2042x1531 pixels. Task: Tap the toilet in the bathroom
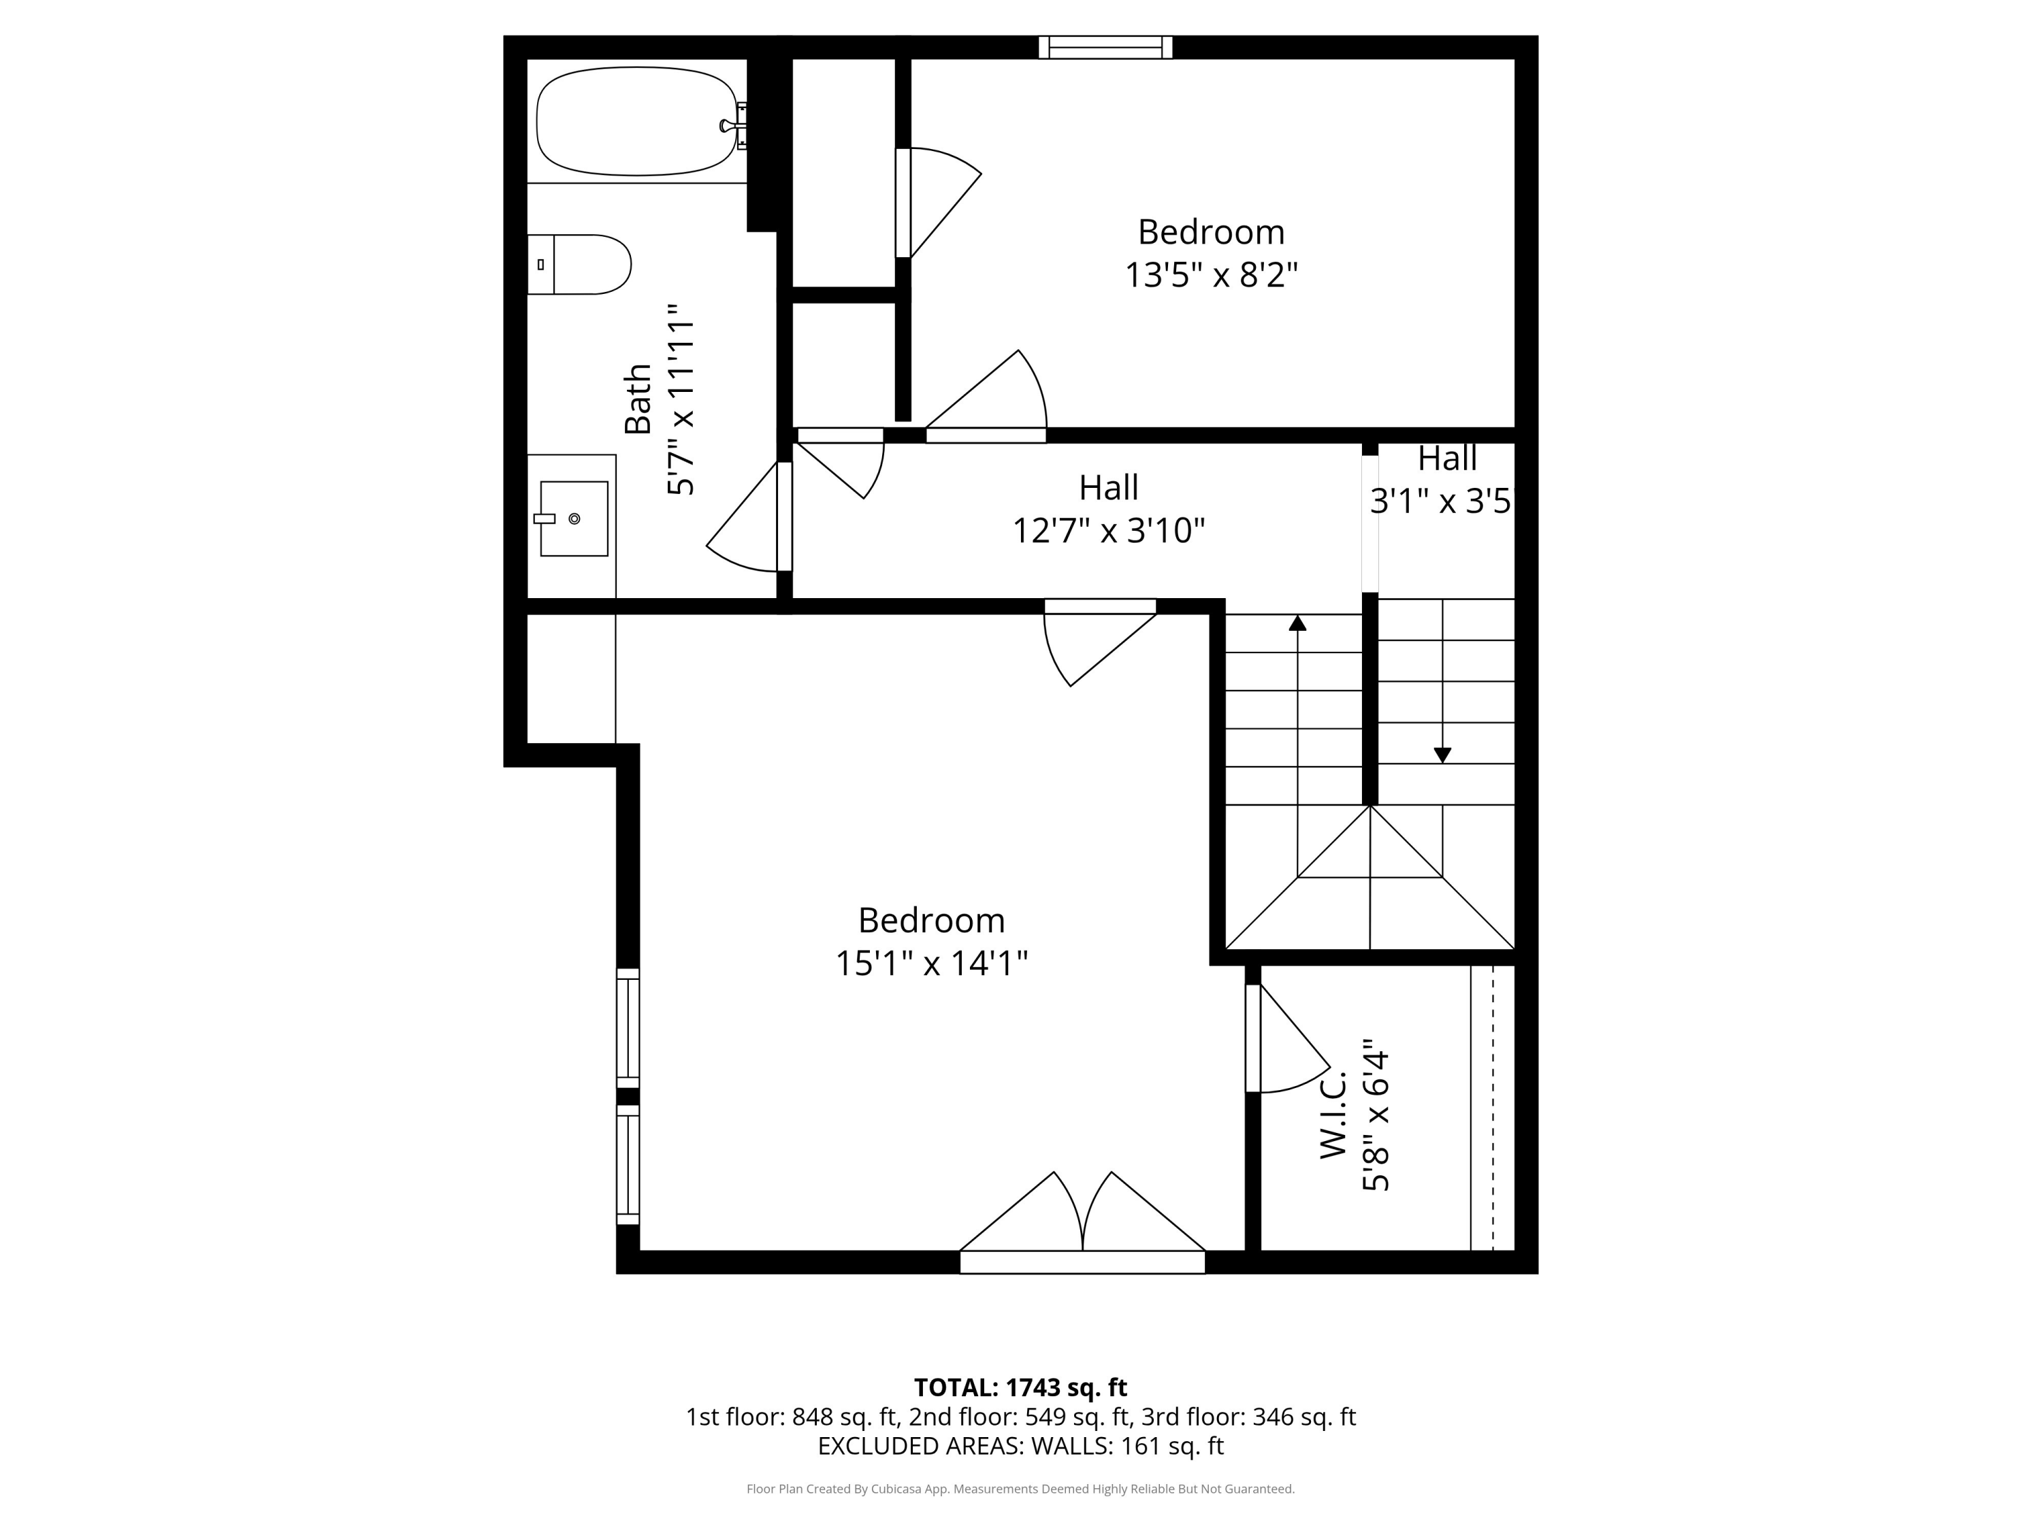(x=581, y=265)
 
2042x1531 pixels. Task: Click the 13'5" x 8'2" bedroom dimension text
(x=1210, y=275)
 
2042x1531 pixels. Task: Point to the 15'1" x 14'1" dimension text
(x=930, y=964)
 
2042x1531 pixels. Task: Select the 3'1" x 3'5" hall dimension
(x=1440, y=501)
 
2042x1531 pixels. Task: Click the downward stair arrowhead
(x=1442, y=755)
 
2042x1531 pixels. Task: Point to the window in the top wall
(x=1105, y=47)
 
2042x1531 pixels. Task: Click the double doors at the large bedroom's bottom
(x=1082, y=1223)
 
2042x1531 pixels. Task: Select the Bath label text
(x=638, y=399)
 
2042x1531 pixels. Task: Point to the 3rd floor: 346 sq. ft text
(x=1248, y=1417)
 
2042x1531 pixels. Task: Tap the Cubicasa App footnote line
(x=1020, y=1489)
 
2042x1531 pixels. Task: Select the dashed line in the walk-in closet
(x=1493, y=1107)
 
